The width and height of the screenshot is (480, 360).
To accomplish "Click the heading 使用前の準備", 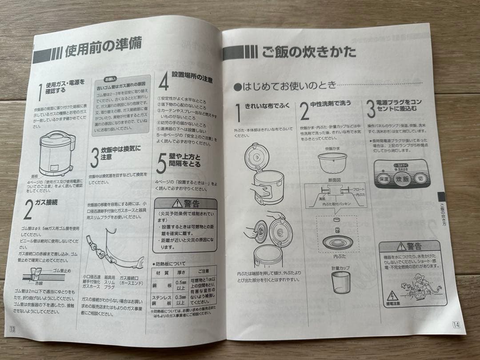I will click(x=103, y=53).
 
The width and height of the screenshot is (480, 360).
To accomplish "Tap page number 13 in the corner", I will click(x=12, y=328).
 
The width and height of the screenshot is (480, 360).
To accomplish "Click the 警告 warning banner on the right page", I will click(x=408, y=247).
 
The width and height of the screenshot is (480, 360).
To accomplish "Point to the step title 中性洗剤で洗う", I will click(x=331, y=104).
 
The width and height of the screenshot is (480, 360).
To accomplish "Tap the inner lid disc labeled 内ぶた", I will click(x=336, y=242).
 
